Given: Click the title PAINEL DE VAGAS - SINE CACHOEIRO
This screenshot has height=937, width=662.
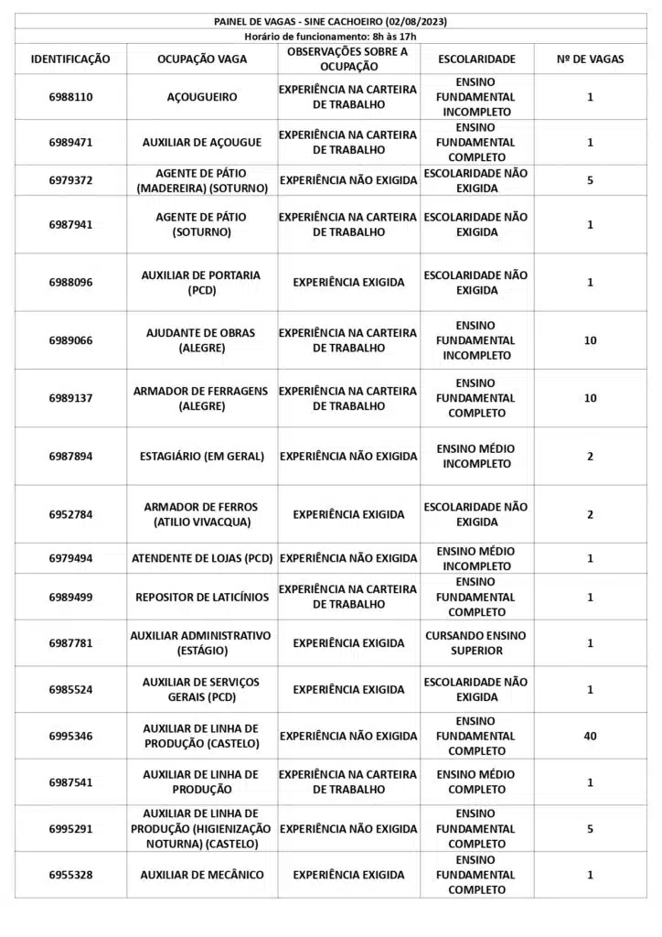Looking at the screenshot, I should click(330, 21).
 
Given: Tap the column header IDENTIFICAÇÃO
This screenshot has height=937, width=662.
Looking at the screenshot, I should click(70, 59).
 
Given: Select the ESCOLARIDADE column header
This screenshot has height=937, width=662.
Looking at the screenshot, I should click(476, 59).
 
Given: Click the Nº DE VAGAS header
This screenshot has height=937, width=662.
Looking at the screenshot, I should click(590, 59).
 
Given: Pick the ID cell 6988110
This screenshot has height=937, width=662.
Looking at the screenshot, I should click(70, 97).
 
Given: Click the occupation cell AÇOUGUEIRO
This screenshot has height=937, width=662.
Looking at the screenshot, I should click(202, 97).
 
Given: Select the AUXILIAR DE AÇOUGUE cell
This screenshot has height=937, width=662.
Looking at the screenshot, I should click(202, 143).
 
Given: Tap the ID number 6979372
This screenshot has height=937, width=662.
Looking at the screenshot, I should click(70, 180).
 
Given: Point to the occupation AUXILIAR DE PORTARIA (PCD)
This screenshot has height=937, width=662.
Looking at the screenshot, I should click(202, 283).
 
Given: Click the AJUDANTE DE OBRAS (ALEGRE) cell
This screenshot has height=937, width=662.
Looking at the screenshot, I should click(202, 340).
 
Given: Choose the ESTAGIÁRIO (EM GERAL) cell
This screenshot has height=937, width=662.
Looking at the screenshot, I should click(202, 457).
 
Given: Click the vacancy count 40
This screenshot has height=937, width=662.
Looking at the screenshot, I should click(590, 736).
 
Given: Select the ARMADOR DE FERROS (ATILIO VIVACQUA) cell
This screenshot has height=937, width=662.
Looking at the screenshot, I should click(202, 514).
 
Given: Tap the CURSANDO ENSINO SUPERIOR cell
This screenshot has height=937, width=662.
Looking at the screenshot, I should click(476, 643).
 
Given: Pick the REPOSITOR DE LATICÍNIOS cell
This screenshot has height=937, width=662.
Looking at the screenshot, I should click(202, 598).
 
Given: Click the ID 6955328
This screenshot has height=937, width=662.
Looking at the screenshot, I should click(70, 875).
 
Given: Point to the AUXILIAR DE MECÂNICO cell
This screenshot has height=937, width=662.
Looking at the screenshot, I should click(202, 875).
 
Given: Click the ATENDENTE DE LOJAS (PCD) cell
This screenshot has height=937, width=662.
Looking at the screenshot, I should click(202, 558).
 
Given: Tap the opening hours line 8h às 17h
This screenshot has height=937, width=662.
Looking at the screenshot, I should click(330, 36).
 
